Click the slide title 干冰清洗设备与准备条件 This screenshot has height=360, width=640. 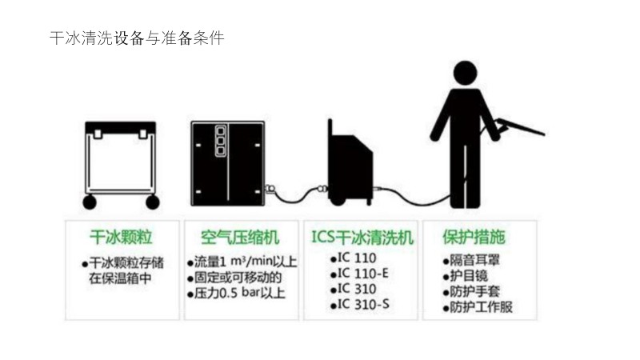pos(137,38)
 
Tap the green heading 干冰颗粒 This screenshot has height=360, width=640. pos(122,237)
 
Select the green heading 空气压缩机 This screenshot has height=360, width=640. pos(241,238)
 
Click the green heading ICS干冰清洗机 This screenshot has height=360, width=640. pos(362,237)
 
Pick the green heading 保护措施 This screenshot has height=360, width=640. pos(474,237)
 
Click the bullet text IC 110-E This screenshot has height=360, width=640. pos(363,274)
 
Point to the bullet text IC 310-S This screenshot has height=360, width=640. pos(363,305)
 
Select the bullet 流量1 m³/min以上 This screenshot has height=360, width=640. pos(246,262)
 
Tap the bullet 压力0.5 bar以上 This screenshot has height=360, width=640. pos(239,293)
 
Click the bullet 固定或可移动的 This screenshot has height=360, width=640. pos(238,278)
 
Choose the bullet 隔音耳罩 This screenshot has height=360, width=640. pos(474,261)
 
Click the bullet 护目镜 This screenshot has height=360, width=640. pos(469,276)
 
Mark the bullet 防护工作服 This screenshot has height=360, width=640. pos(481,307)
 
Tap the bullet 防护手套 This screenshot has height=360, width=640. pos(474,291)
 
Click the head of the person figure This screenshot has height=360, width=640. pos(465,73)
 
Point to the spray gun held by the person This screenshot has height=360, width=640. pos(519,126)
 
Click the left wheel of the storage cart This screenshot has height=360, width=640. pos(90,202)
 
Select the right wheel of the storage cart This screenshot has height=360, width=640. pos(153,202)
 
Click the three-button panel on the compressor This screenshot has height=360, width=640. pos(221,141)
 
